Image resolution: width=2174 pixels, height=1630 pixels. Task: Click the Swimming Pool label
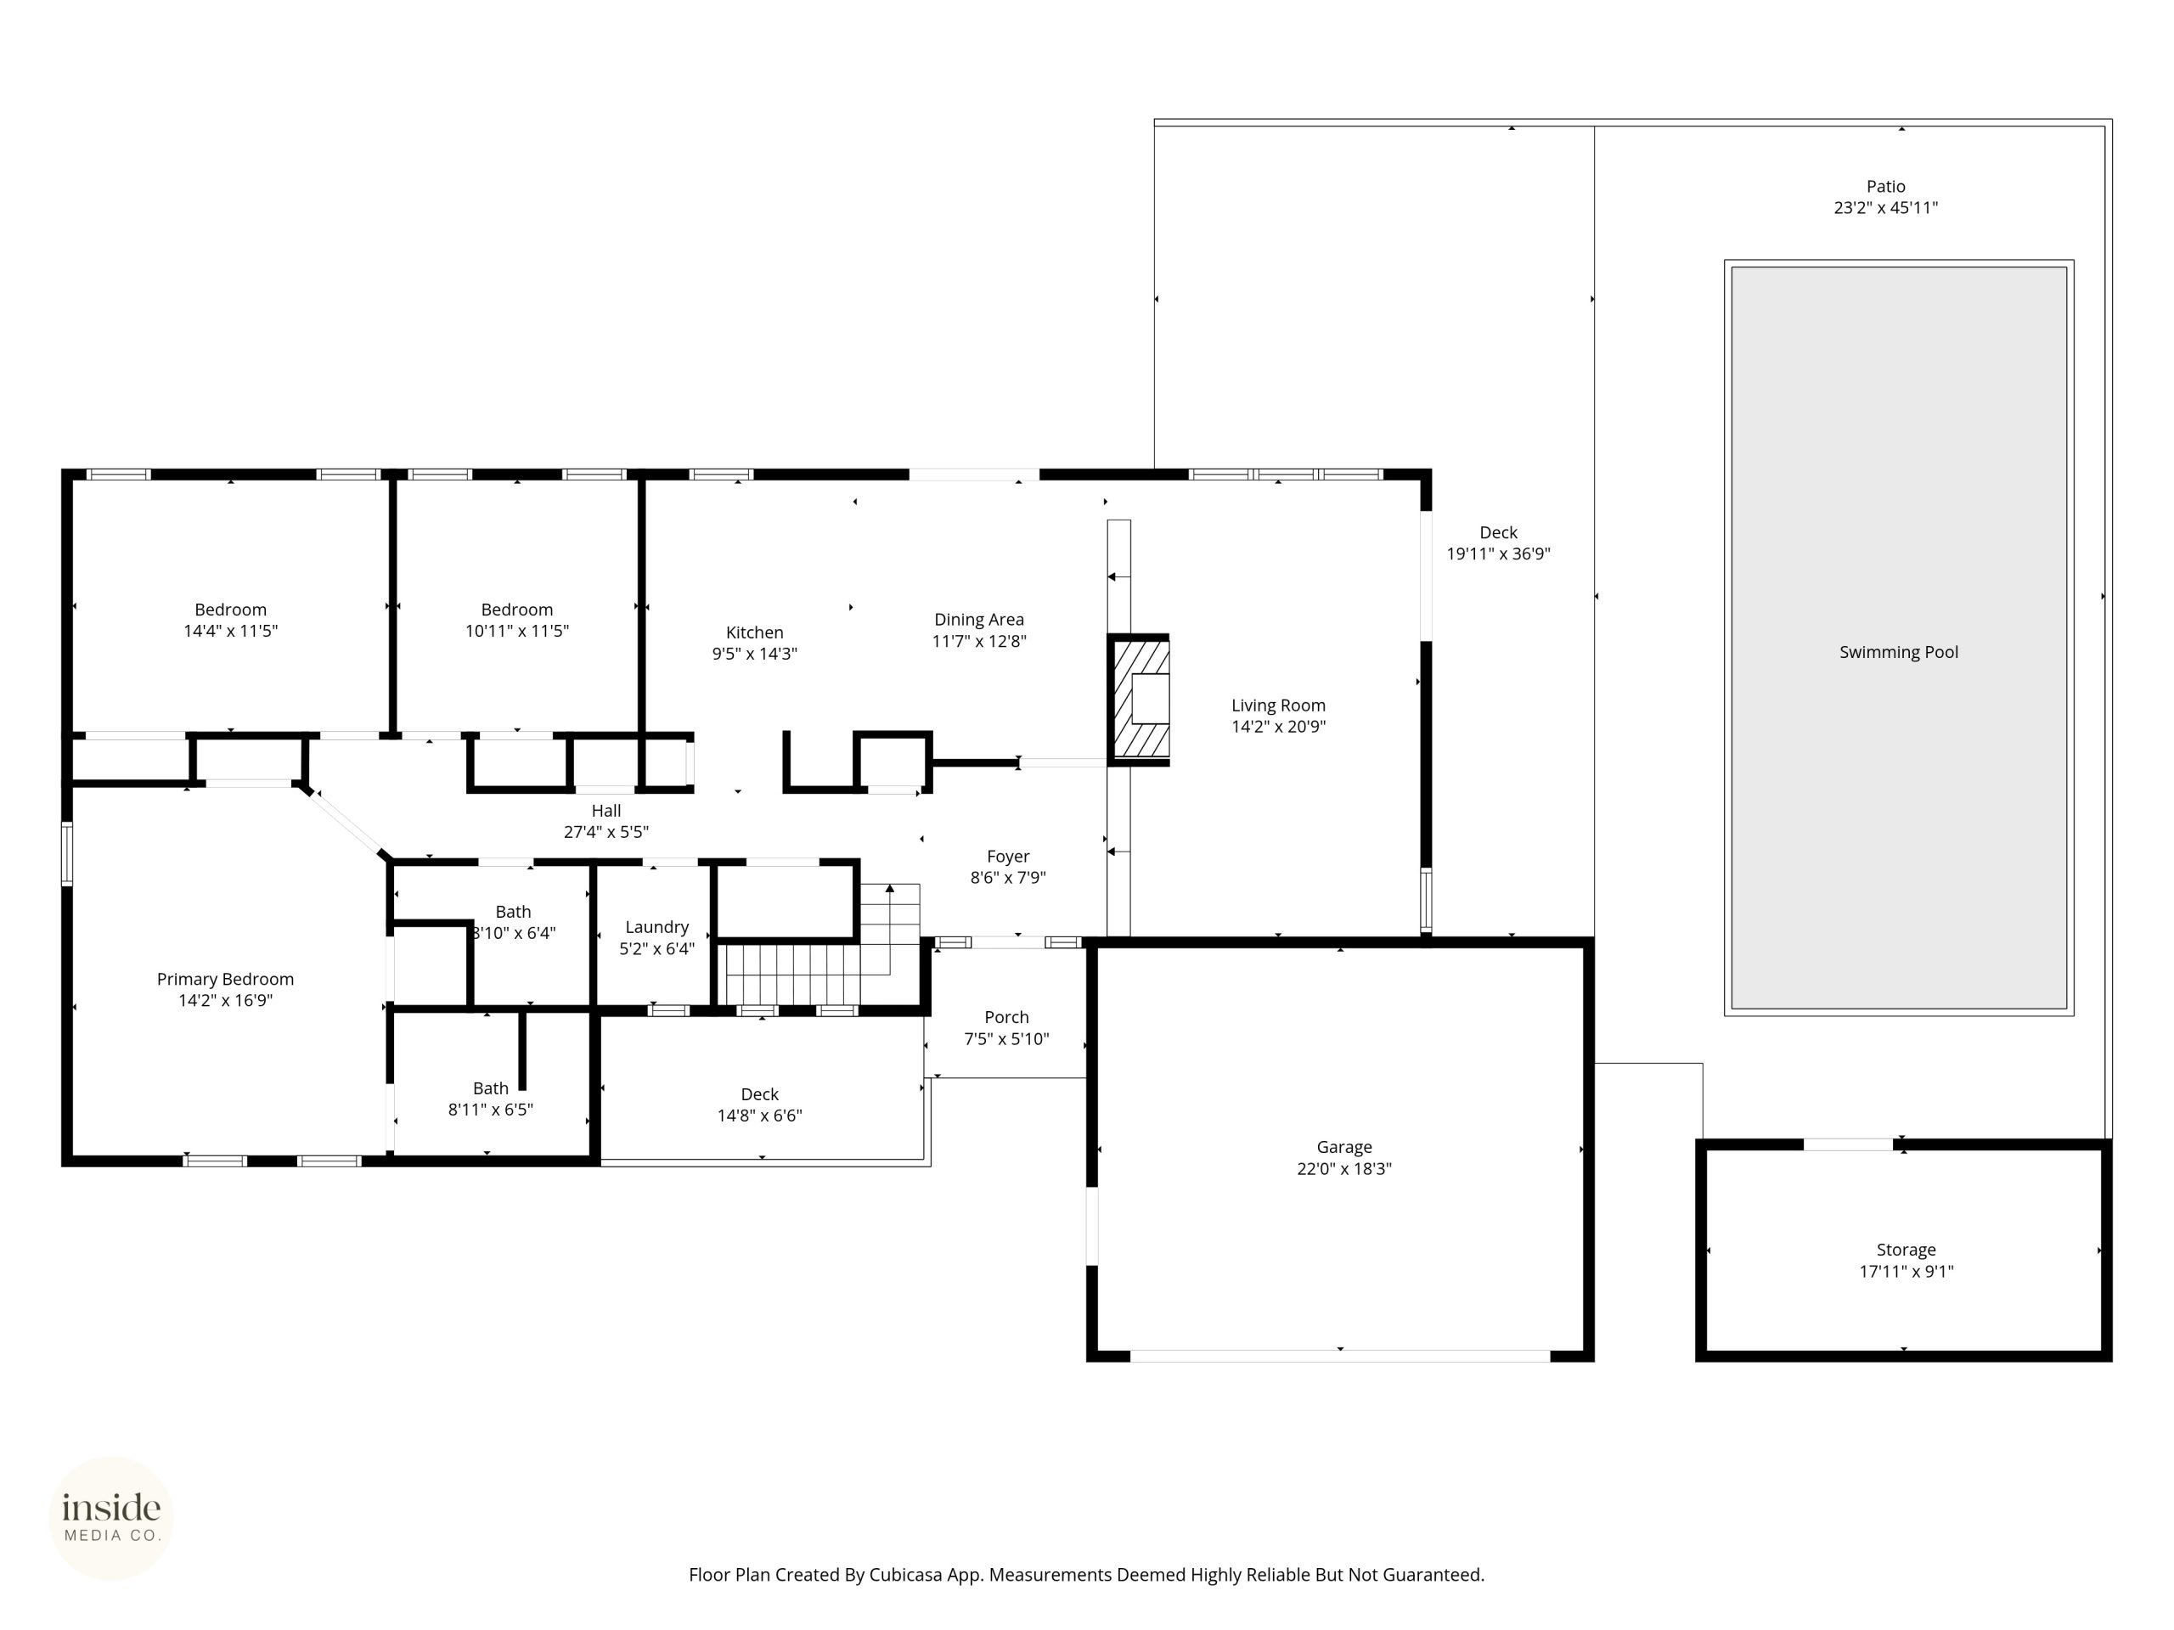click(x=1898, y=652)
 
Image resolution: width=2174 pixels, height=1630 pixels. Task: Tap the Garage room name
click(x=1343, y=1147)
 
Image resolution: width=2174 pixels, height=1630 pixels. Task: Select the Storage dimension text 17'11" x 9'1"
click(x=1906, y=1272)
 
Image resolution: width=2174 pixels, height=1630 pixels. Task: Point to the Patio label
click(x=1885, y=186)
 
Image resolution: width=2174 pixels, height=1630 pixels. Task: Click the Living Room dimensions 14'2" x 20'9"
click(x=1278, y=727)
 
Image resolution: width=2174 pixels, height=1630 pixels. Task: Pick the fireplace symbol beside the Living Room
click(x=1139, y=700)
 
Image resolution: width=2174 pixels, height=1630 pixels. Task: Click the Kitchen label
click(x=754, y=632)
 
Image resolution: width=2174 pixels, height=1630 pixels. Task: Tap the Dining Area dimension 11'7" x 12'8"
click(x=979, y=642)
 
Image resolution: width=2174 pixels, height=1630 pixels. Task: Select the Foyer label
click(x=1007, y=857)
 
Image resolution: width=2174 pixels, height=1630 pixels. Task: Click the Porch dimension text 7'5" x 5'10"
click(x=1006, y=1038)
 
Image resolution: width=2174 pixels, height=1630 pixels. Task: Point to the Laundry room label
click(x=656, y=928)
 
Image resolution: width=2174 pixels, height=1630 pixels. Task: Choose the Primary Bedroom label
click(x=225, y=979)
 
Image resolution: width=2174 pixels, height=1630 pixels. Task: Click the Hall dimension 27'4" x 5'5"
click(x=605, y=832)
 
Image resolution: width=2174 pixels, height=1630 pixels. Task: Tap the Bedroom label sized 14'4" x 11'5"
click(x=230, y=610)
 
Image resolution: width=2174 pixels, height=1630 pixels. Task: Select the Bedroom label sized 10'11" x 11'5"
click(x=516, y=610)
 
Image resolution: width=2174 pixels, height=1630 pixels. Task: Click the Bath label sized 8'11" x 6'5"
click(x=491, y=1088)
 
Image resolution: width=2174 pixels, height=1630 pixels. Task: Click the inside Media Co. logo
click(x=111, y=1518)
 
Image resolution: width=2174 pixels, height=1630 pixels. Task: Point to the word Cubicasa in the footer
click(x=905, y=1575)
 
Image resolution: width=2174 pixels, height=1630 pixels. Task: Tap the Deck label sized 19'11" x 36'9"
click(x=1498, y=532)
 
